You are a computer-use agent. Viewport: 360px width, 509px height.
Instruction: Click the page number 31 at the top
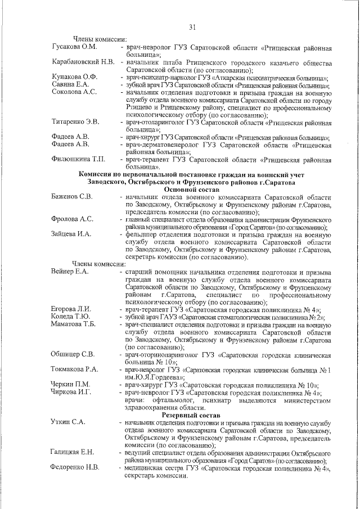192,27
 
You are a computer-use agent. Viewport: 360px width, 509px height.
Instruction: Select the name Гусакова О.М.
74,47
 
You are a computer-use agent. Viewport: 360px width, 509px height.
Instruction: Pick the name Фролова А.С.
71,219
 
